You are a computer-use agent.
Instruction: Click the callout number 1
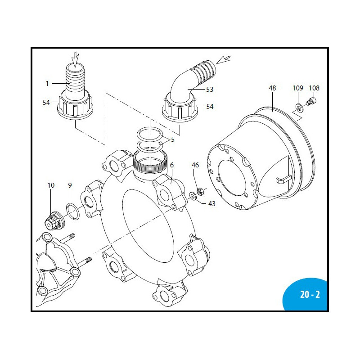pos(47,83)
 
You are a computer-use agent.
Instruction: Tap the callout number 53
pos(210,90)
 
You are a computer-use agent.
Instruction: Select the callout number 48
pos(272,88)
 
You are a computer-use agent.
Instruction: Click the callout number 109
pos(298,88)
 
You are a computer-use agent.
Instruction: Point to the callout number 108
pos(314,88)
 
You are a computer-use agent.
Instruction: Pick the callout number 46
pos(195,165)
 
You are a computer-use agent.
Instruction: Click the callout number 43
pos(211,204)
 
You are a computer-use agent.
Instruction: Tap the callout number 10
pos(51,185)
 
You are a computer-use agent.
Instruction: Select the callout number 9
pos(70,185)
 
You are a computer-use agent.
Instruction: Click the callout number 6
pos(171,165)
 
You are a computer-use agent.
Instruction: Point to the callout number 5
pos(172,139)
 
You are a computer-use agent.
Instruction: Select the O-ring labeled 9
pos(72,210)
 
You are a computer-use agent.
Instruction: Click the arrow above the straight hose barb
pos(75,58)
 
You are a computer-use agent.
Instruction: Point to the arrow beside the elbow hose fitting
pos(224,59)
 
